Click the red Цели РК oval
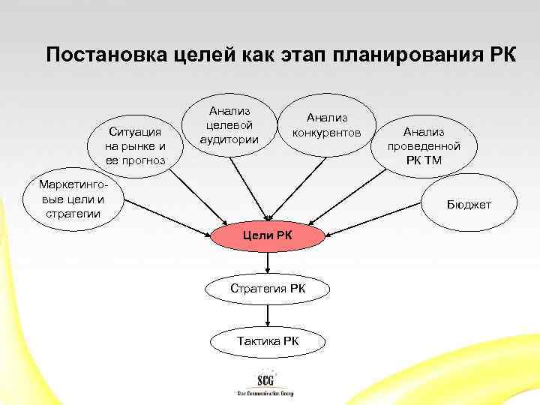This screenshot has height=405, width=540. [x=268, y=238]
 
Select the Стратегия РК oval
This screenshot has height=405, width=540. [x=268, y=289]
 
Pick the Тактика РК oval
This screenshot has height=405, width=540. [x=268, y=341]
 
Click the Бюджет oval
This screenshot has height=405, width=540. [x=469, y=203]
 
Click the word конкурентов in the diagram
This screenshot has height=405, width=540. [x=327, y=133]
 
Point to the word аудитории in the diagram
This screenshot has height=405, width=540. [x=229, y=139]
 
